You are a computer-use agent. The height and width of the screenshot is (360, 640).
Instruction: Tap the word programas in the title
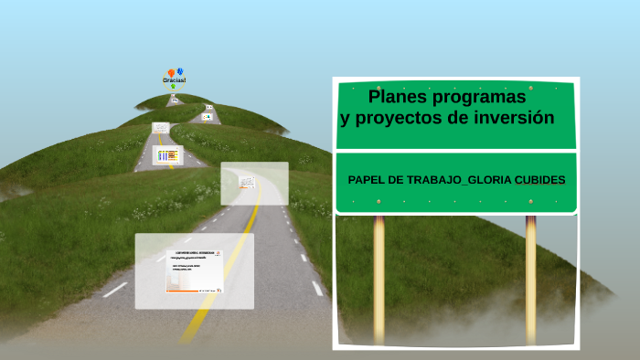[x=480, y=97]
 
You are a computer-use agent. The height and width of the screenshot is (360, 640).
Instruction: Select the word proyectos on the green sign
[x=399, y=118]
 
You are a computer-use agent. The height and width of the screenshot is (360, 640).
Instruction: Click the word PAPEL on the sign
[x=367, y=179]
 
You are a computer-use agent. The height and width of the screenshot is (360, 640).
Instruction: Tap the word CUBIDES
[x=539, y=179]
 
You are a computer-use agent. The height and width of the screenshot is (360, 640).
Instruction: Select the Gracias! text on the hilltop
[x=175, y=80]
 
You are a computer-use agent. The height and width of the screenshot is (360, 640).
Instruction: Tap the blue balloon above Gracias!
[x=180, y=70]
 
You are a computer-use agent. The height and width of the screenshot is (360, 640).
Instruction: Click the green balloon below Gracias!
[x=174, y=87]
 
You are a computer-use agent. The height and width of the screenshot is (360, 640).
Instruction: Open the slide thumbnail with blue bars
[x=167, y=155]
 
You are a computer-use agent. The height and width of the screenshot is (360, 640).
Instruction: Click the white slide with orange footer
[x=194, y=270]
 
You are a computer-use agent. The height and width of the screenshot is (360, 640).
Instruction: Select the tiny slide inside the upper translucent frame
[x=247, y=182]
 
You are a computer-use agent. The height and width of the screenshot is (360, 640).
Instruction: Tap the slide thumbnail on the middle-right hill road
[x=208, y=117]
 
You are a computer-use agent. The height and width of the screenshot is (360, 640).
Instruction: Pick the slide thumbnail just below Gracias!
[x=174, y=100]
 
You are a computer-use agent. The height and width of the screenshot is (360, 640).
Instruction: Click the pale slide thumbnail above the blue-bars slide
[x=161, y=127]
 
